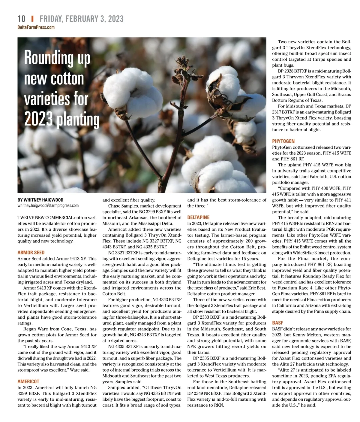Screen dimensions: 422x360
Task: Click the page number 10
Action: pos(22,19)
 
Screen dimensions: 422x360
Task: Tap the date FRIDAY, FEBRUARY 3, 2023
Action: pos(81,19)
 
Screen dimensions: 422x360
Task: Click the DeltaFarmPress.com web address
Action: pos(36,27)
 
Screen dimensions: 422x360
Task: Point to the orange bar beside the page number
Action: pos(32,19)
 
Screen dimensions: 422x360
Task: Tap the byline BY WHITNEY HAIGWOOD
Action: pos(40,200)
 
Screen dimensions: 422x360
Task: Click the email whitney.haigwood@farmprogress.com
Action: pos(48,205)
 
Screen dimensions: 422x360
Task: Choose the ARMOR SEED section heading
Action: pos(31,253)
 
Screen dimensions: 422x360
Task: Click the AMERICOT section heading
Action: pos(28,381)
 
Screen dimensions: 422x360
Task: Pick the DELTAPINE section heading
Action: pos(198,217)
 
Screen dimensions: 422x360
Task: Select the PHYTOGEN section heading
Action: pos(283,141)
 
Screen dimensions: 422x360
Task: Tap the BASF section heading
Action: pos(277,323)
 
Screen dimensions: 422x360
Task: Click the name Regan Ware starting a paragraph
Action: pos(35,329)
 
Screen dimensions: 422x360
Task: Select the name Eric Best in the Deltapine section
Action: pos(257,288)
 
